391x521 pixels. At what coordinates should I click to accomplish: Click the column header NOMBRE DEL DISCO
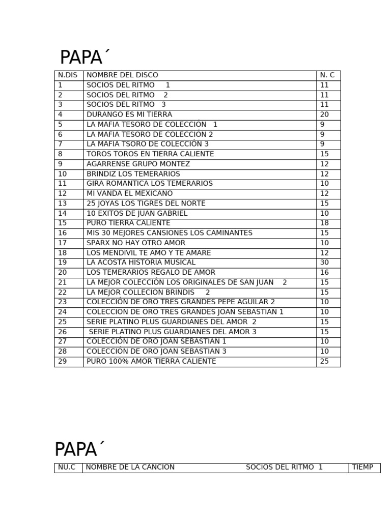click(122, 75)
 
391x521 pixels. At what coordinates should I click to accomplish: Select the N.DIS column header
click(68, 75)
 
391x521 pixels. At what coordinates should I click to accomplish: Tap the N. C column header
click(327, 75)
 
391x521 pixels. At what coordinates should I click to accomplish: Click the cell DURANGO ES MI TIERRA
click(129, 114)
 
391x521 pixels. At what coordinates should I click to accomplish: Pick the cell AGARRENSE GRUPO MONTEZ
click(138, 164)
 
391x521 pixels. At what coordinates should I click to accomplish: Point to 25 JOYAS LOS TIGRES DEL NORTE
click(146, 204)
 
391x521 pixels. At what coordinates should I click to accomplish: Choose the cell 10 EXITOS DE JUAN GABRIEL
click(137, 213)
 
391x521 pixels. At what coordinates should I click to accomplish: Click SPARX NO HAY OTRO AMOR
click(136, 243)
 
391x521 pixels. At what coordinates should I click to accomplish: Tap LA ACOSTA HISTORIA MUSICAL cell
click(141, 263)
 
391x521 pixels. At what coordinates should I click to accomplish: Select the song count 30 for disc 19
click(324, 263)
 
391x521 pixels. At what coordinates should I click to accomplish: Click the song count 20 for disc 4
click(324, 114)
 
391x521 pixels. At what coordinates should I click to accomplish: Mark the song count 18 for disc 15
click(324, 223)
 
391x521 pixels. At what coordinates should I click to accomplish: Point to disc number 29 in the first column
click(63, 361)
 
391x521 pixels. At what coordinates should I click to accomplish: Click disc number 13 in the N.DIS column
click(63, 204)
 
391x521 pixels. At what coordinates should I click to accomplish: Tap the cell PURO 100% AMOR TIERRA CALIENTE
click(151, 361)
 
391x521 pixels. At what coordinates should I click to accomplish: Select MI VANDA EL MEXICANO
click(129, 193)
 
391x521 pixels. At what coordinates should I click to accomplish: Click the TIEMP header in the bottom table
click(362, 467)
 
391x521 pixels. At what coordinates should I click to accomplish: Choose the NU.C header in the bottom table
click(67, 467)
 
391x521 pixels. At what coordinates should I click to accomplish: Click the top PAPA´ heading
click(85, 58)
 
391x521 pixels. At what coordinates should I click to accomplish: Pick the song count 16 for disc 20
click(324, 272)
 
